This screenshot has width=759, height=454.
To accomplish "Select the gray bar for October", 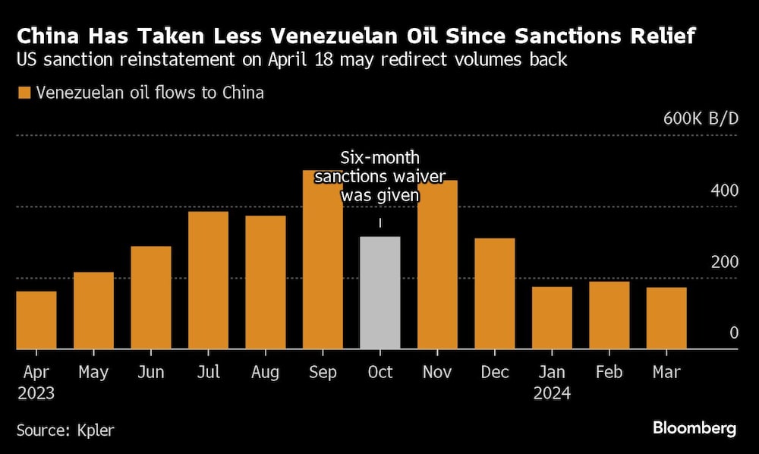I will (379, 293).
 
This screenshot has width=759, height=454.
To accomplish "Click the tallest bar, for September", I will (323, 260).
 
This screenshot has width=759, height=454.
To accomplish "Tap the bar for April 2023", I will (36, 320).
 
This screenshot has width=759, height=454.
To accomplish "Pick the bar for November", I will (437, 264).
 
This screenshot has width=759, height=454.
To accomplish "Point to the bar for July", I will (208, 280).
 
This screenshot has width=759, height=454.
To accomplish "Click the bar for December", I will (495, 294).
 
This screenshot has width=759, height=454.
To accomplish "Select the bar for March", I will (666, 318).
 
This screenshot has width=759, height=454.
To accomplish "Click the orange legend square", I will (24, 93).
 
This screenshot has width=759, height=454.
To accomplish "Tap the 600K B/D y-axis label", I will (700, 119).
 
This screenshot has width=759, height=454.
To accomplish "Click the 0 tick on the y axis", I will (733, 333).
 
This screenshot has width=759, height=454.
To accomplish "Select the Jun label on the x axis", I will (150, 372).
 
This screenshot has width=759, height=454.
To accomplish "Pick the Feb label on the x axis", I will (609, 372).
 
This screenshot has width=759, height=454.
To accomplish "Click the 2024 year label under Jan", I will (552, 394).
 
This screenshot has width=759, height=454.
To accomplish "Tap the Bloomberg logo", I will (694, 428).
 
